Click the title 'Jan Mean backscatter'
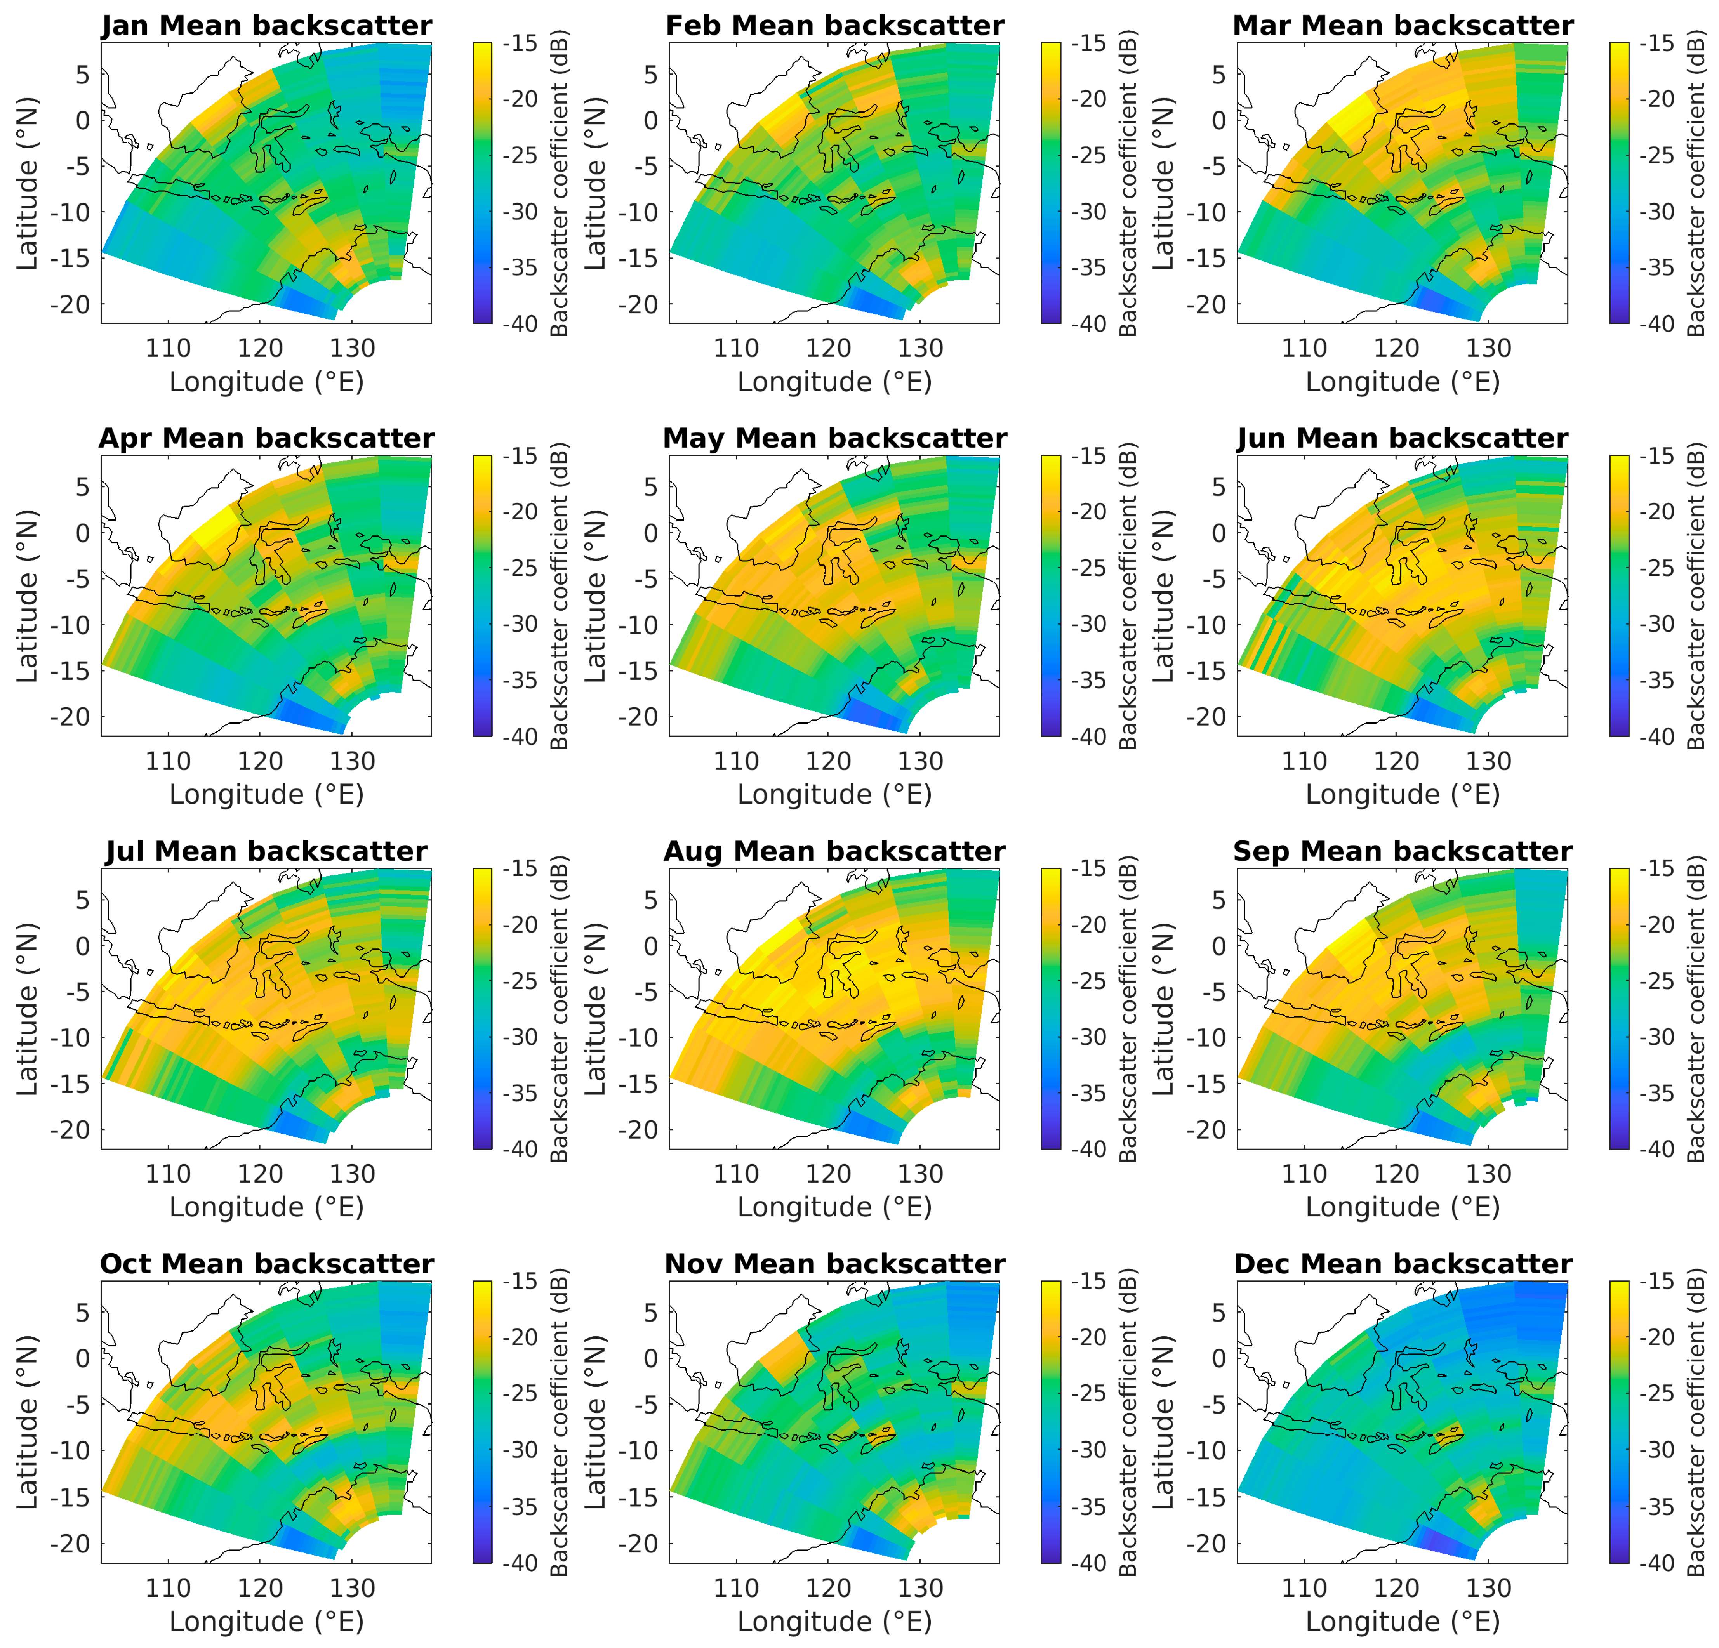[267, 26]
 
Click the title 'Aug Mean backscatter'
[834, 851]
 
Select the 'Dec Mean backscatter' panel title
[1403, 1264]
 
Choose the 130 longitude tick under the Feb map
[920, 348]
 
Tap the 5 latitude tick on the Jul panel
[82, 899]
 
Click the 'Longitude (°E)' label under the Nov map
[834, 1621]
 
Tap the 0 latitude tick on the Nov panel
[650, 1358]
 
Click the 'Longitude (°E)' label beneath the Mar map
[1403, 382]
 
